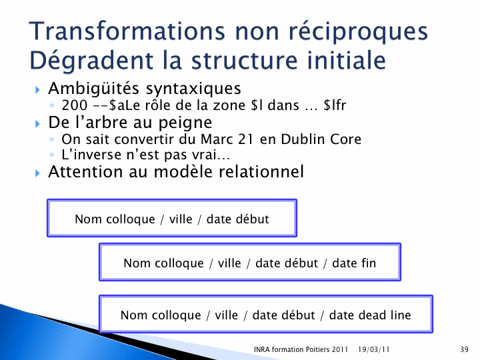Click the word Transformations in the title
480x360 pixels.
tap(127, 31)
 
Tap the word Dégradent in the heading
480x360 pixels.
tap(91, 60)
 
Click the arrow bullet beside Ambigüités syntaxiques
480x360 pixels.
tap(37, 90)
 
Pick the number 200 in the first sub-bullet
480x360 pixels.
tap(75, 105)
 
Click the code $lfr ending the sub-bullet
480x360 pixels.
tap(335, 105)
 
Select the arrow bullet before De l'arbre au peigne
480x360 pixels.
tap(37, 124)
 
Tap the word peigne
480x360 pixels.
tap(185, 123)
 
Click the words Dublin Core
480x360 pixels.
tap(321, 139)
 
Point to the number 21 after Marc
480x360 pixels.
tap(245, 139)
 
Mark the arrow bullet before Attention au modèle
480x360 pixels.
tap(37, 173)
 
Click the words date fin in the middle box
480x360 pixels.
tap(354, 263)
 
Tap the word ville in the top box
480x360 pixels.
tap(181, 219)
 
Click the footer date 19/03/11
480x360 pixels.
tap(373, 349)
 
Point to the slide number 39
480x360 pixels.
tap(464, 349)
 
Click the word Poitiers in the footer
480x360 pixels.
tap(309, 349)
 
